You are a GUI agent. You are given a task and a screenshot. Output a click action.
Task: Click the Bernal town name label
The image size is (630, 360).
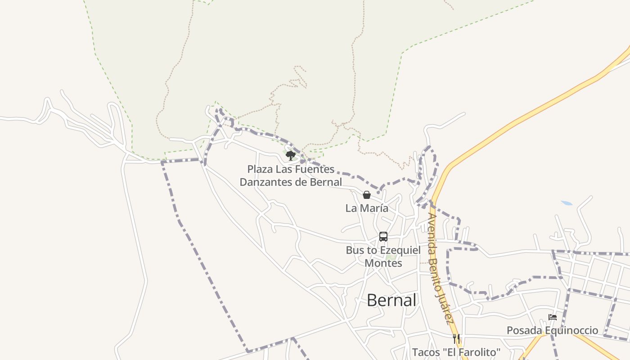coord(391,300)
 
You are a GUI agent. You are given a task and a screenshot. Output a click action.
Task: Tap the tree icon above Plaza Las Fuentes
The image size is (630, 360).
coord(291,156)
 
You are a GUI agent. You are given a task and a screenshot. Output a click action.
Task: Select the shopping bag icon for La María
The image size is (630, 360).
coord(367,195)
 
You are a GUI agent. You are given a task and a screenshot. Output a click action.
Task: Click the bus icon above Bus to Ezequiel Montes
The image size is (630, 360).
coord(383,237)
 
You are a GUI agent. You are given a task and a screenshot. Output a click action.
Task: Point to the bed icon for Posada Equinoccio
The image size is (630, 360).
coord(553,317)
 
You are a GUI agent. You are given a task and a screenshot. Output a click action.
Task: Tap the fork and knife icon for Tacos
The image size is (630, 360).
coord(456,338)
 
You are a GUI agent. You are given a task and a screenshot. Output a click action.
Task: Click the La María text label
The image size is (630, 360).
coord(367,208)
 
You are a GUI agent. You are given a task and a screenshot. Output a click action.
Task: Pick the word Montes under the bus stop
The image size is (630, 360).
coord(383,263)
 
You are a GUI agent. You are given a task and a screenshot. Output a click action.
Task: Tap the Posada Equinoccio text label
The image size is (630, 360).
coord(553,330)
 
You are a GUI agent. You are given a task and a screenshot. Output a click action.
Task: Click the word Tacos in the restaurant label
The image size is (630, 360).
coord(426,352)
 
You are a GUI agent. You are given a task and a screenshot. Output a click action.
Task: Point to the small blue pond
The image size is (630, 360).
coord(567,203)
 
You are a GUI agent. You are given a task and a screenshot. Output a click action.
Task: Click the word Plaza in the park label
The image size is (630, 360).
coord(261,169)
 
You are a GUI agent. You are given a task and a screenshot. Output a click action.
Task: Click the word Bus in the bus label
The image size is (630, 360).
coord(354,250)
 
